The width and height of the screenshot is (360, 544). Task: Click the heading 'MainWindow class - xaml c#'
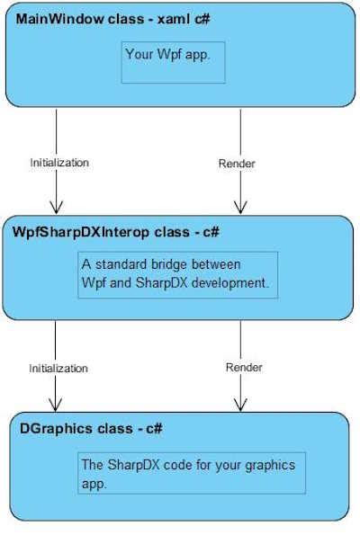[x=113, y=19]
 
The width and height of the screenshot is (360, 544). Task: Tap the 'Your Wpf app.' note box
[x=173, y=62]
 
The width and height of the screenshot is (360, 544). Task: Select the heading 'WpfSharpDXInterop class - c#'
[x=116, y=232]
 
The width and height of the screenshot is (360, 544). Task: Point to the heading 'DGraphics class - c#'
[x=91, y=429]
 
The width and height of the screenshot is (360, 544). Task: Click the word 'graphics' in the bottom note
[x=270, y=465]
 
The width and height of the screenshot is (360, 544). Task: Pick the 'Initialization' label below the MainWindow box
[x=59, y=163]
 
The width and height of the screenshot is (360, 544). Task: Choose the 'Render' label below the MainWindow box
[x=237, y=164]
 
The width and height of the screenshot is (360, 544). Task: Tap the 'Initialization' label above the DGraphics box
[x=58, y=368]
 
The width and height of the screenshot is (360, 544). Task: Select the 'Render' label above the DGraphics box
[x=244, y=367]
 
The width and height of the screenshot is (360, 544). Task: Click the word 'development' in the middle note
[x=229, y=283]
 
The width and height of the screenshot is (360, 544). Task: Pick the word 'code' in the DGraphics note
[x=177, y=465]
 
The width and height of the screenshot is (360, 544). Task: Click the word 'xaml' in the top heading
[x=174, y=19]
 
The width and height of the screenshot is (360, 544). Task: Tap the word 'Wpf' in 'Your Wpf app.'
[x=168, y=55]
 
